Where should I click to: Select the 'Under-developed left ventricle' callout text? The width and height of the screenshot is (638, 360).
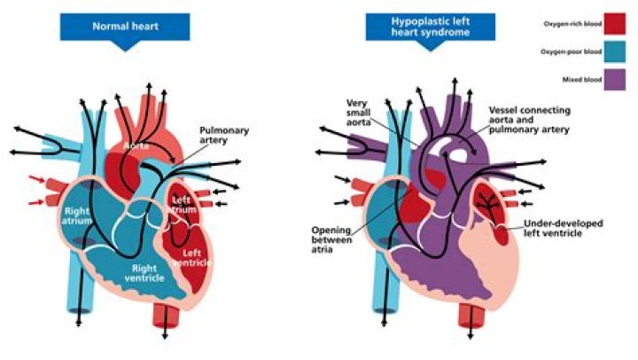(x=562, y=229)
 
